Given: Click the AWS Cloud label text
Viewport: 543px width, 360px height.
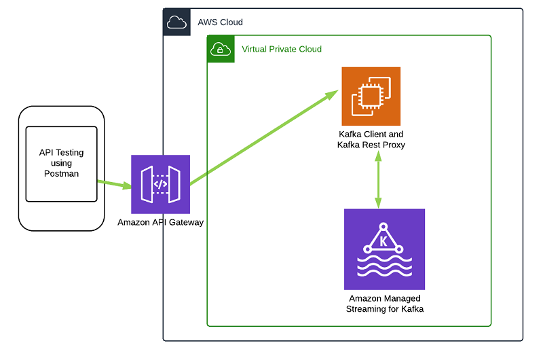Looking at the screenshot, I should (x=220, y=22).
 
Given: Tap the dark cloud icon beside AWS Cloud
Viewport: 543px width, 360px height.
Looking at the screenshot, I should (x=176, y=22).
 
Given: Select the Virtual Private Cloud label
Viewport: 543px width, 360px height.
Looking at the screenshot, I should (x=282, y=49).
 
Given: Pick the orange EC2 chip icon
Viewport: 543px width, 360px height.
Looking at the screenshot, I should (x=371, y=96).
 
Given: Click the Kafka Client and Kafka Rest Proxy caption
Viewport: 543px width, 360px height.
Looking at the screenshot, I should (x=371, y=139).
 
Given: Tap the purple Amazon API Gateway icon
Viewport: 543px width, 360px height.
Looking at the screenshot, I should (x=160, y=184).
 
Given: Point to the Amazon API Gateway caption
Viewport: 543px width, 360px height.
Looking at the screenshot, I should (x=160, y=222).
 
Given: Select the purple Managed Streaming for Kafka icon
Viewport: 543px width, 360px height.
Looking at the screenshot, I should (x=384, y=249).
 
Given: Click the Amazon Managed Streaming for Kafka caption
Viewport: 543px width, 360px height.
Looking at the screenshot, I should (x=385, y=304).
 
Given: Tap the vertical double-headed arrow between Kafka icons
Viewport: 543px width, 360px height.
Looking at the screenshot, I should (x=377, y=179).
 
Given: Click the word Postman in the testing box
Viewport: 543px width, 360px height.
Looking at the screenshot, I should (x=62, y=173).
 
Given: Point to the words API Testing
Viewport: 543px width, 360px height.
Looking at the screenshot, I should (x=62, y=153).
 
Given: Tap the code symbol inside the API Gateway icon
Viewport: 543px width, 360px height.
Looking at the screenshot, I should (x=160, y=184).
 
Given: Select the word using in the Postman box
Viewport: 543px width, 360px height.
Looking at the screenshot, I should (x=62, y=163).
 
